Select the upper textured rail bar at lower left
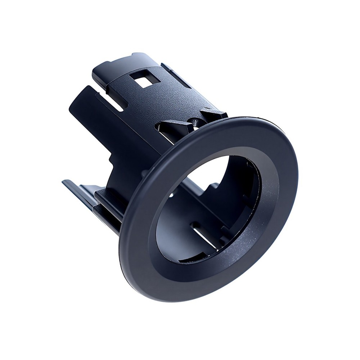tap(108, 196)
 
